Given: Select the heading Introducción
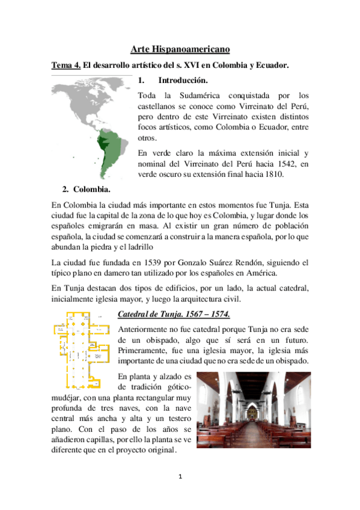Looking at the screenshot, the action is (183, 81).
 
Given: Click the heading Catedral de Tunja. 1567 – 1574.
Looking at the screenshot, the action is (173, 315).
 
